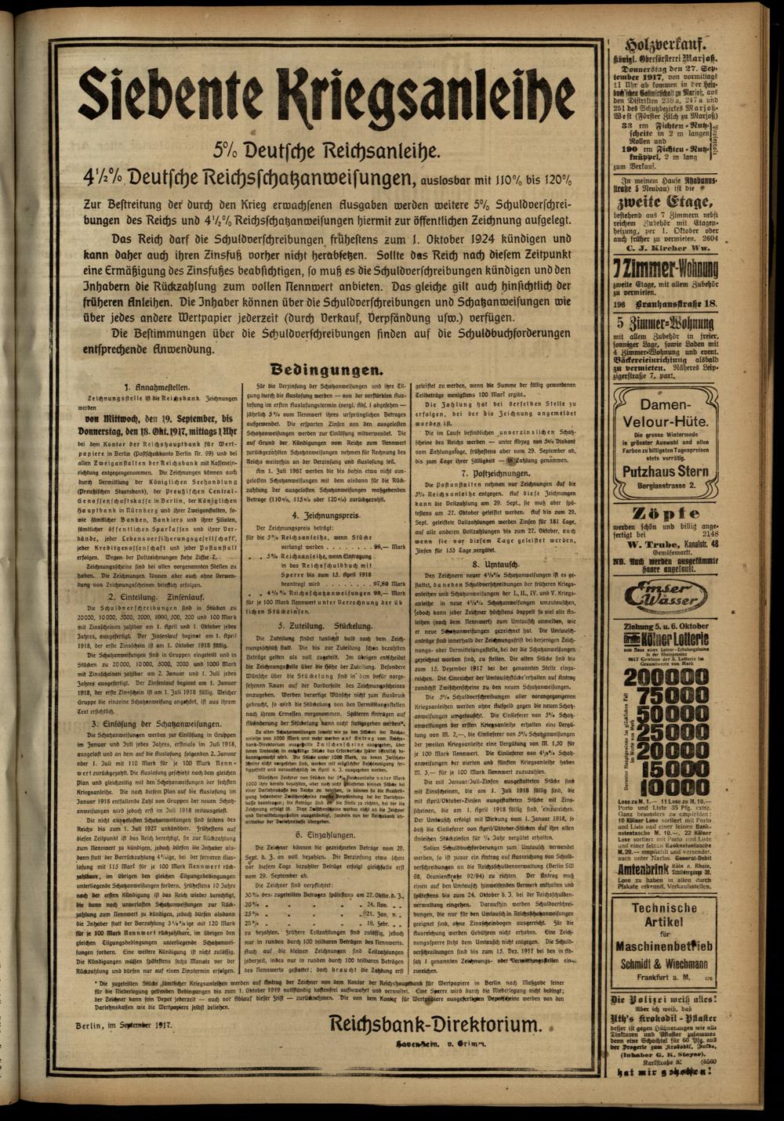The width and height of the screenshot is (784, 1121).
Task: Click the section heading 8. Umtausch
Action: [x=497, y=563]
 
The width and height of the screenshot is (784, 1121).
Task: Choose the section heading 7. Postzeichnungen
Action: [x=497, y=475]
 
